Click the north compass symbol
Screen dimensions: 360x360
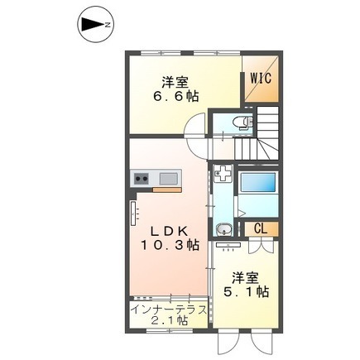coord(95,25)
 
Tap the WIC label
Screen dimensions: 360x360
coord(261,78)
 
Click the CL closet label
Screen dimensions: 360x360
coord(261,228)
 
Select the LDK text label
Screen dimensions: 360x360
coord(169,232)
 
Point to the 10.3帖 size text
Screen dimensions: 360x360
coord(170,244)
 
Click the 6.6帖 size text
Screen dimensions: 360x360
coord(175,96)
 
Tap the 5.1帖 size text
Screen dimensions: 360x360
coord(246,291)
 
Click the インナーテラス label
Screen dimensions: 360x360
coord(169,310)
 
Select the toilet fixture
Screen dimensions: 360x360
coord(242,122)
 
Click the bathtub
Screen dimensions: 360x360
coord(258,181)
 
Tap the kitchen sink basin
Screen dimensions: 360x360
coord(169,179)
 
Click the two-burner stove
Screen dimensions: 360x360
coord(142,179)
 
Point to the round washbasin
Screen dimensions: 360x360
coord(223,229)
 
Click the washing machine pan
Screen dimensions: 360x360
coord(223,174)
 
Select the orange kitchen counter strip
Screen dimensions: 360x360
coord(167,190)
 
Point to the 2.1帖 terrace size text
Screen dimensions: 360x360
coord(170,321)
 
